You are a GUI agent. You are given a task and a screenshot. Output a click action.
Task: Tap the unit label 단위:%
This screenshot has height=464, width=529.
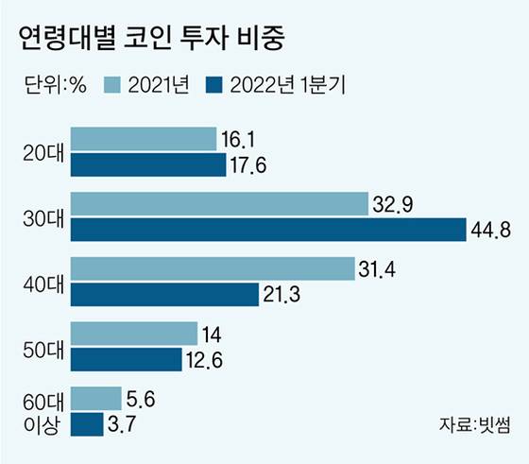54,86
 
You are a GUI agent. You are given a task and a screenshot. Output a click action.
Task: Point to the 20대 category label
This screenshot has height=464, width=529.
42,152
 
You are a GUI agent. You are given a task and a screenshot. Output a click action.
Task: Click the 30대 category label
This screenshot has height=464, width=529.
42,217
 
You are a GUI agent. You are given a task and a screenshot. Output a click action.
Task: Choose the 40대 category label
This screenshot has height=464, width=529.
42,282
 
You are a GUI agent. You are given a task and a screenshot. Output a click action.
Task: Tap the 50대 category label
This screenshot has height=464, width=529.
42,347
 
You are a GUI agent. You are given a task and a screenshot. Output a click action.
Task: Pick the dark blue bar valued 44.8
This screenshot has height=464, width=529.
268,230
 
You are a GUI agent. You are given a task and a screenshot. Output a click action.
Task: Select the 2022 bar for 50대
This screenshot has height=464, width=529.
127,359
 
